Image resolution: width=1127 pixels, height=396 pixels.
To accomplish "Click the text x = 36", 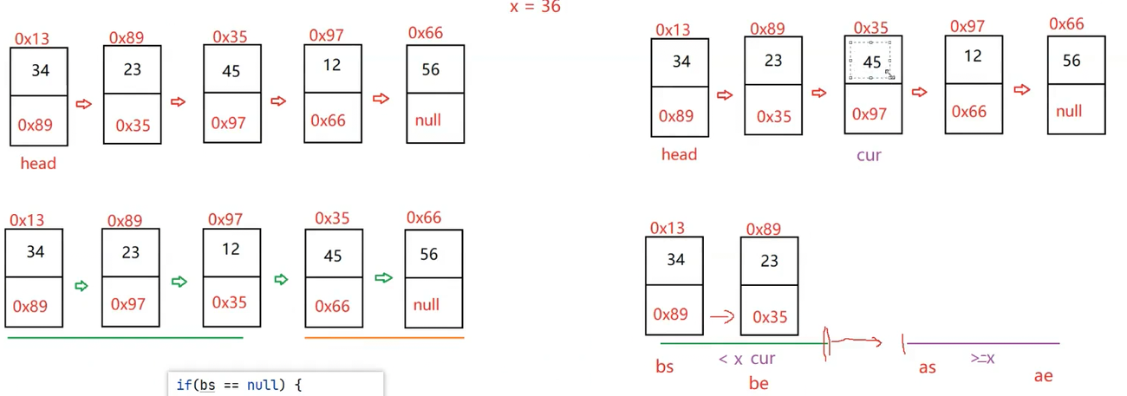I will [535, 7].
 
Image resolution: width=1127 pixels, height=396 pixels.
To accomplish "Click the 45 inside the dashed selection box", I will [872, 62].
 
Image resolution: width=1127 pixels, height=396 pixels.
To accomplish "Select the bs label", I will [665, 367].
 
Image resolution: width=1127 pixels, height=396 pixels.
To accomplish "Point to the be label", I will [759, 383].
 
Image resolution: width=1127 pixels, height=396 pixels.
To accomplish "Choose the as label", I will [927, 367].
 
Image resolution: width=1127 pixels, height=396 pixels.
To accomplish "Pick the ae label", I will [1043, 376].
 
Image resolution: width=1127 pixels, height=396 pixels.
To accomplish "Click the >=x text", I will [982, 357].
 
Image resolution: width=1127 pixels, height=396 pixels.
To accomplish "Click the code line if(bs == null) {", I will [238, 384].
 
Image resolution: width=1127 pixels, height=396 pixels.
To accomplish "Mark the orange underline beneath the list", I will [384, 337].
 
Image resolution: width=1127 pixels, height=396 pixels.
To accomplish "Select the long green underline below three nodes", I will [125, 337].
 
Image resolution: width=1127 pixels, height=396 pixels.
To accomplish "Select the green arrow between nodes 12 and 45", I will [281, 279].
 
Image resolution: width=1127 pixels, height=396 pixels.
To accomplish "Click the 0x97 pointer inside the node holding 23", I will [132, 305].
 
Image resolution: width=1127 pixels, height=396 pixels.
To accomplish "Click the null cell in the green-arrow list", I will [426, 305].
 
